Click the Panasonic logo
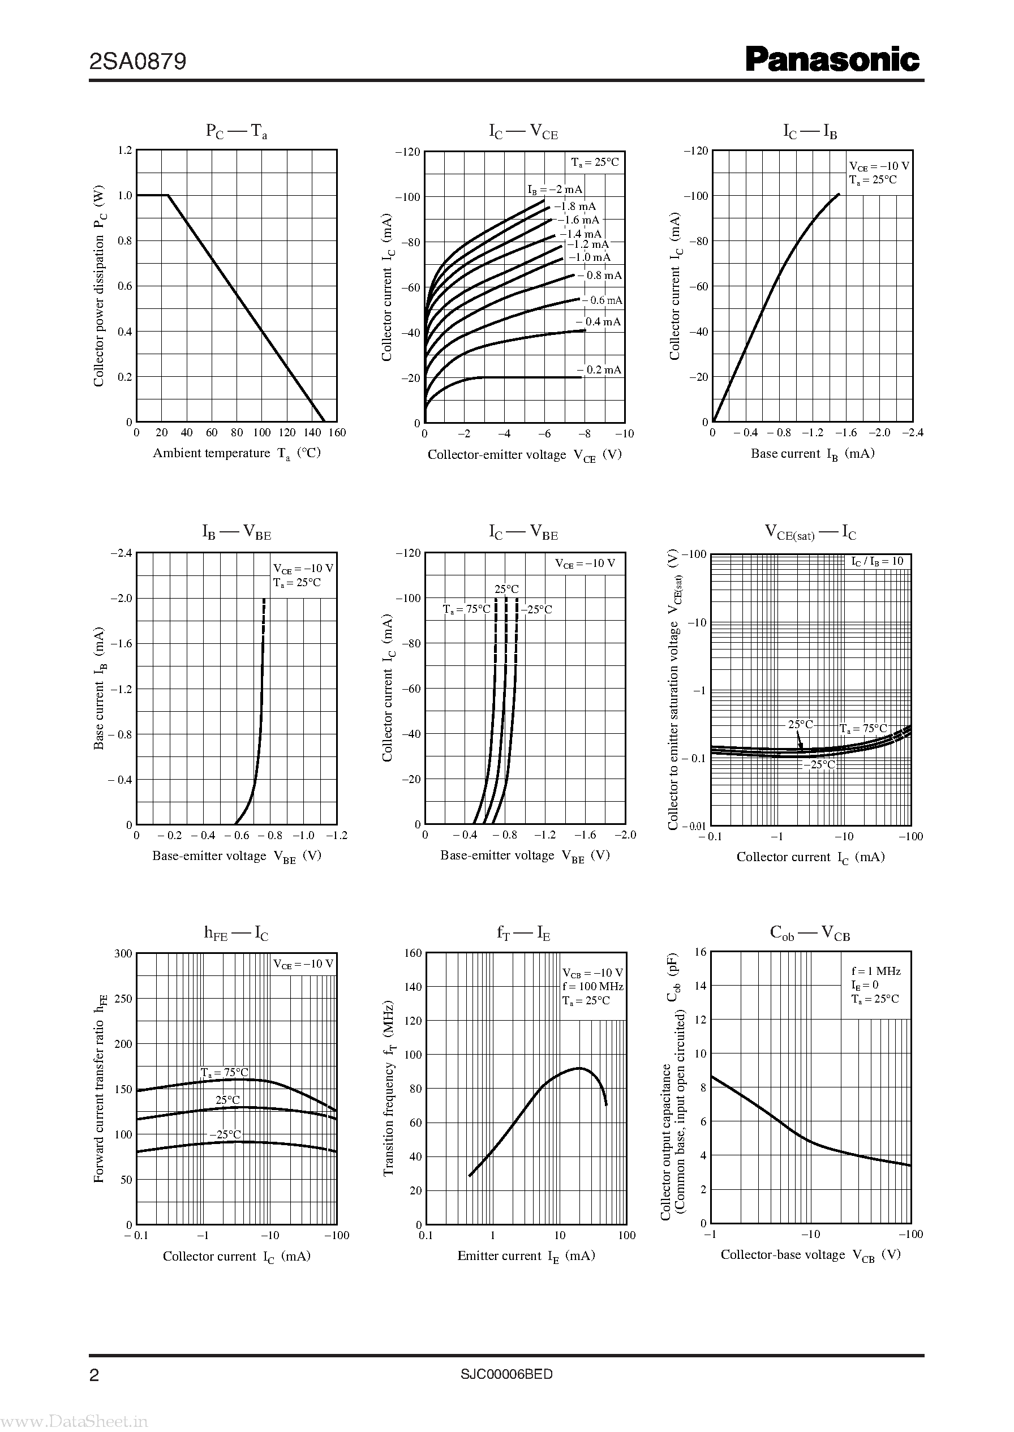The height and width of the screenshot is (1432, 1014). (x=833, y=60)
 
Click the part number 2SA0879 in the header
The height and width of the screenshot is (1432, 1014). (x=138, y=62)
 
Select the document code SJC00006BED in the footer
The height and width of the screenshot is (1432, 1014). (x=506, y=1356)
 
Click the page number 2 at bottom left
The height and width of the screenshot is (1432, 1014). (x=94, y=1358)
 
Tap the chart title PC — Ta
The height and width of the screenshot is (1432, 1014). (x=237, y=132)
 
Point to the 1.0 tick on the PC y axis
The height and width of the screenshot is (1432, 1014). (x=125, y=195)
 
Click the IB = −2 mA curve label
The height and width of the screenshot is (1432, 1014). (x=555, y=190)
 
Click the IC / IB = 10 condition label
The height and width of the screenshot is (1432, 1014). (x=877, y=561)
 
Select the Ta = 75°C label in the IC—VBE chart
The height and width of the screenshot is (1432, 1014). (x=467, y=609)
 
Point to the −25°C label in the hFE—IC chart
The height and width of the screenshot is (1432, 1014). (x=225, y=1134)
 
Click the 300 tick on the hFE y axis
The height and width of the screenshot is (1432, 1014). (x=123, y=953)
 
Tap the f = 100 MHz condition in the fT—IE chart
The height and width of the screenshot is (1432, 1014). (x=592, y=986)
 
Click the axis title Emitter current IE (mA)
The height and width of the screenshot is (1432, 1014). (x=526, y=1256)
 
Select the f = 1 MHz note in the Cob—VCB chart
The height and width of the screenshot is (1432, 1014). (x=876, y=971)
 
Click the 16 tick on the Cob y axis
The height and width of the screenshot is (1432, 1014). (x=700, y=952)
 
